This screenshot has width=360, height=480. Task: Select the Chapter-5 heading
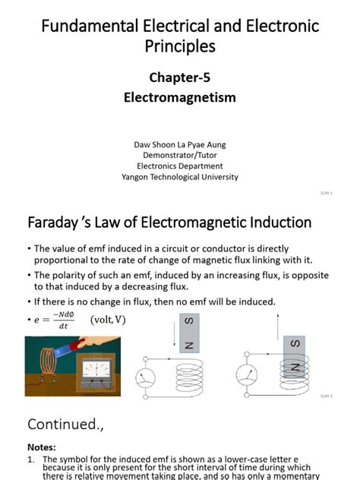[179, 77]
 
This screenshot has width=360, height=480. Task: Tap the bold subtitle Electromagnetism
[179, 98]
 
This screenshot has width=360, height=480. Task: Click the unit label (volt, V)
[108, 320]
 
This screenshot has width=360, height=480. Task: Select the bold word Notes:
[42, 447]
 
